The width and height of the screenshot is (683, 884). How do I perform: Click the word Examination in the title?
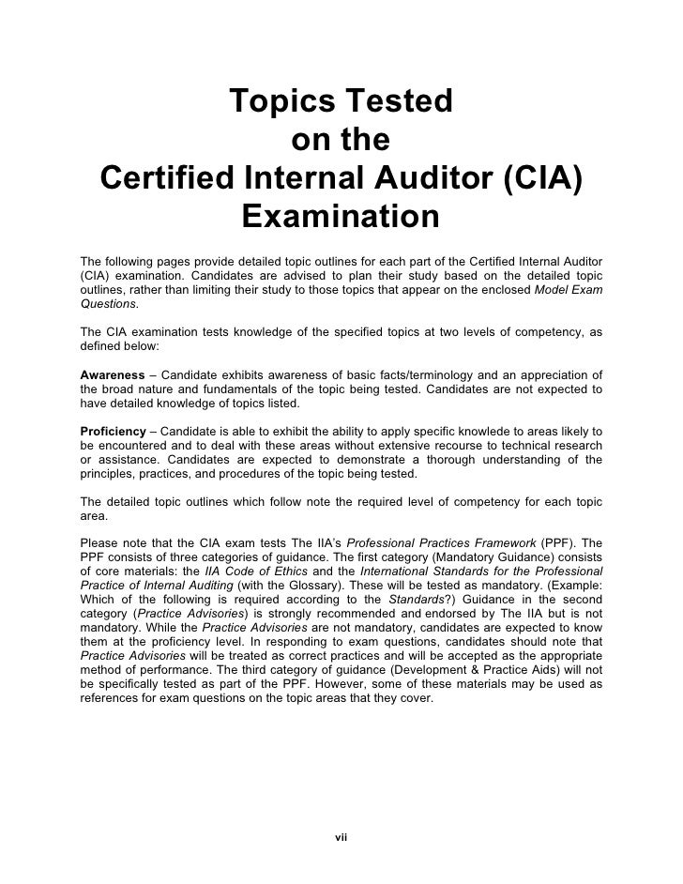point(341,217)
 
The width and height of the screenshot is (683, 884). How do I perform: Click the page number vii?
point(341,836)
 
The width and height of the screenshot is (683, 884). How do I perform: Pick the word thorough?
point(468,460)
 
